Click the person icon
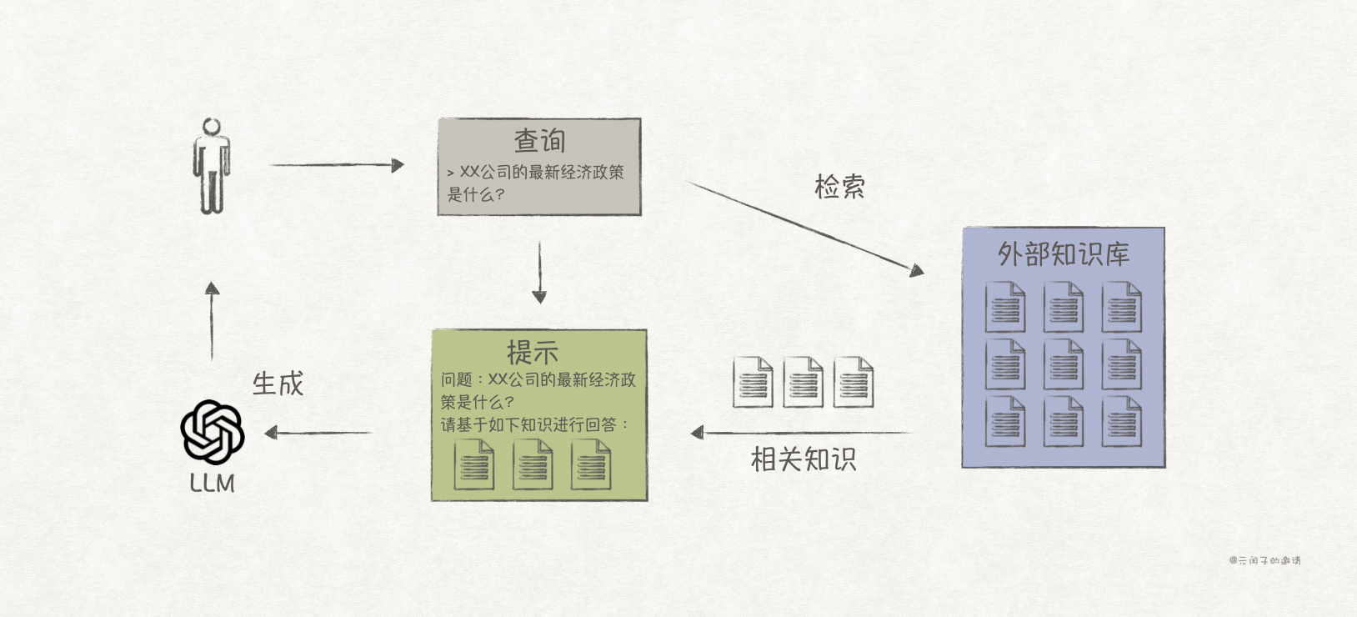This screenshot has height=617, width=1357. click(211, 166)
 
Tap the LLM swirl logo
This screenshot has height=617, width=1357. click(213, 432)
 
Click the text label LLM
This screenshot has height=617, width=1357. click(212, 483)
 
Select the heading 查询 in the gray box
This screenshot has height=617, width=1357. click(539, 140)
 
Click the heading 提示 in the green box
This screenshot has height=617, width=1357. click(533, 352)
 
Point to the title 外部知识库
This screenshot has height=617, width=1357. click(1064, 253)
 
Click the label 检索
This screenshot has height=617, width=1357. click(839, 186)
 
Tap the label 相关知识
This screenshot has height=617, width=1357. click(803, 459)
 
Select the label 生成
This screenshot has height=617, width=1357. click(278, 384)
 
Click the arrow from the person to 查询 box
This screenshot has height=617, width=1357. click(337, 165)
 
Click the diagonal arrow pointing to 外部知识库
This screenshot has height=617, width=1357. click(804, 228)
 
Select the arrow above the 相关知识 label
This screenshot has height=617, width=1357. click(800, 432)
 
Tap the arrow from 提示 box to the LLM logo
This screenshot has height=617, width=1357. click(318, 433)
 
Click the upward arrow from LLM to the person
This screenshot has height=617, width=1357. click(212, 321)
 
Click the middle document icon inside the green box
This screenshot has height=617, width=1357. click(533, 464)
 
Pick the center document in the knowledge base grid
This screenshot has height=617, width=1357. click(1064, 364)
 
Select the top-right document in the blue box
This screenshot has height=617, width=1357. click(1121, 307)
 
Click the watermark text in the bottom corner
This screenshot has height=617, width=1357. click(1264, 560)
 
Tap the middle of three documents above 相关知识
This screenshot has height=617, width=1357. click(803, 383)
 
